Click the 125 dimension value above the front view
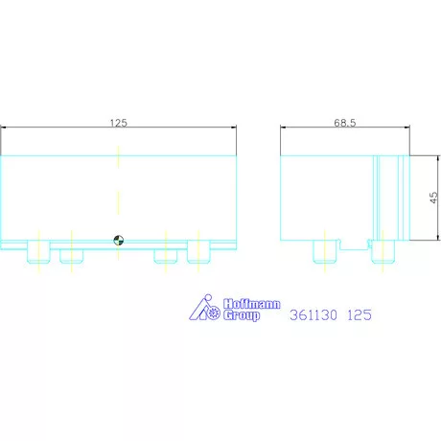click(119, 123)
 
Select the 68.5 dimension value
click(345, 123)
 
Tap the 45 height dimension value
click(433, 197)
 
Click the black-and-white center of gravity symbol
click(119, 241)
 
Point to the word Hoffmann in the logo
click(252, 304)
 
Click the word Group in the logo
click(242, 315)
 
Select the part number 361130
click(313, 314)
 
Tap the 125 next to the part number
click(360, 314)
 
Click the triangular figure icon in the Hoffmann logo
click(200, 307)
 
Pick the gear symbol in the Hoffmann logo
click(214, 313)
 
